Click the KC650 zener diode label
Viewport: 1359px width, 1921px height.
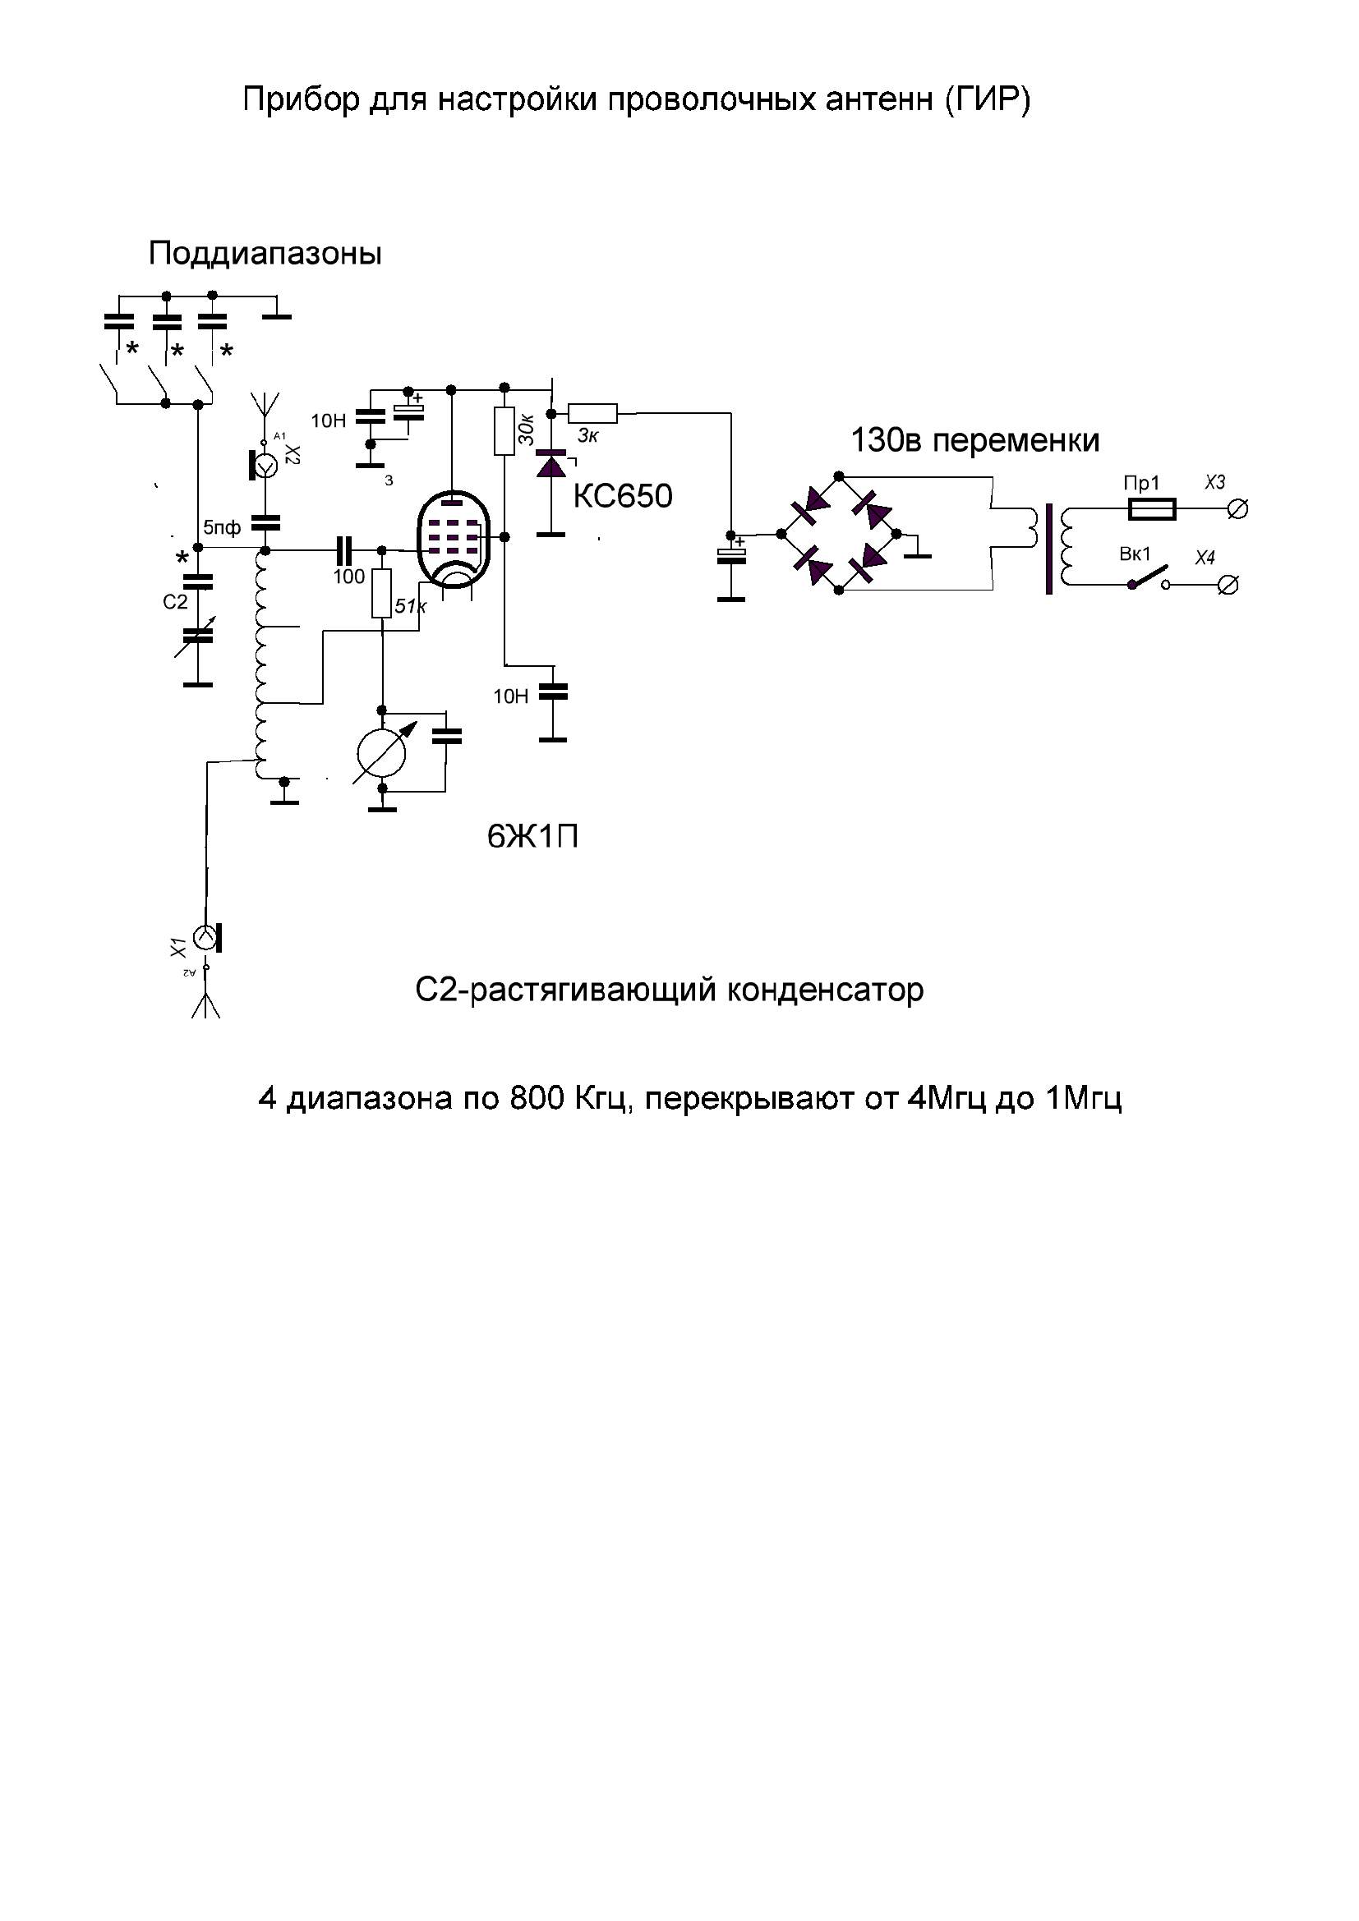(x=623, y=496)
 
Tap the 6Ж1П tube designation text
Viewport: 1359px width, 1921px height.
(x=533, y=837)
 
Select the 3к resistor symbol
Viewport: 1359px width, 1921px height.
(x=592, y=413)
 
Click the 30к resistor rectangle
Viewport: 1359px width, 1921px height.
(x=504, y=431)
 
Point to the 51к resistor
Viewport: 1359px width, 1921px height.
(x=381, y=593)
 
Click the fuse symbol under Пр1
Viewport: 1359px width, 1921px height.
(x=1152, y=508)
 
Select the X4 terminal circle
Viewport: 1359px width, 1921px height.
(x=1228, y=586)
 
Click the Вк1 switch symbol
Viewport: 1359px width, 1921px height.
(x=1148, y=578)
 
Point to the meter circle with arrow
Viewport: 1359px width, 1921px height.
(x=381, y=753)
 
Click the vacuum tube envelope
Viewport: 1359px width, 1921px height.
(x=453, y=539)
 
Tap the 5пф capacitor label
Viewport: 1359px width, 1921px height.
(x=222, y=528)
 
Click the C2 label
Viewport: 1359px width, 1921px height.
(x=175, y=601)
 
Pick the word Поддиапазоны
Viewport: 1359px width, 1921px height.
(x=265, y=254)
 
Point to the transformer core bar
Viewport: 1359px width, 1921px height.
(x=1048, y=549)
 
